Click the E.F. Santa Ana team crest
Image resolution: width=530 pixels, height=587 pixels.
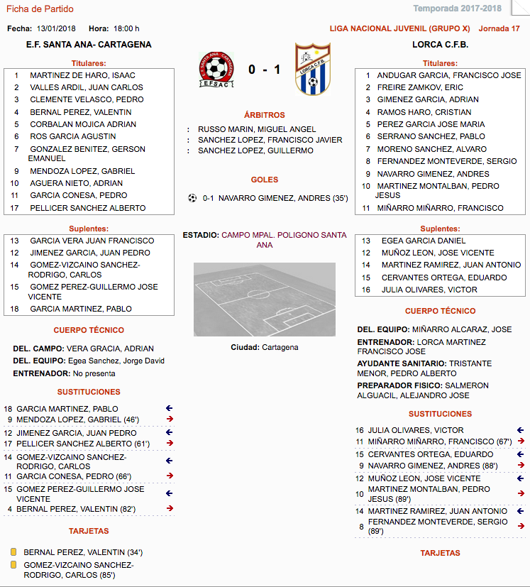[x=217, y=70]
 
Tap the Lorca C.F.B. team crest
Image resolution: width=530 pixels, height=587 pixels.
[x=313, y=70]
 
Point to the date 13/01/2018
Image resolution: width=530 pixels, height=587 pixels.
[x=56, y=28]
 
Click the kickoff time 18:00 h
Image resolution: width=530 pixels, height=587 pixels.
[x=126, y=28]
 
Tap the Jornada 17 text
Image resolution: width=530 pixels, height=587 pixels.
[x=499, y=28]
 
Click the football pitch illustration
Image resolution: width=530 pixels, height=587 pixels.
[x=265, y=299]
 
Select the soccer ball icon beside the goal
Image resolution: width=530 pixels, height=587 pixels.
[x=192, y=198]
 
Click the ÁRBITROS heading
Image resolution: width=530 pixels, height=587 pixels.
[x=264, y=115]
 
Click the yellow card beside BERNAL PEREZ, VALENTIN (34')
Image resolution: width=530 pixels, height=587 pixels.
[x=13, y=552]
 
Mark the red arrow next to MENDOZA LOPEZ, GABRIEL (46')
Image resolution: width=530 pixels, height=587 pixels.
[x=170, y=419]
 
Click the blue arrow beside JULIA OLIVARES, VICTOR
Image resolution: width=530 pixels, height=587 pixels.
[x=520, y=430]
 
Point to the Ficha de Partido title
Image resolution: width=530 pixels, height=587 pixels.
[x=40, y=9]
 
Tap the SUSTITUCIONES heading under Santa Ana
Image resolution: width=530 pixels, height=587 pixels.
[x=89, y=392]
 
